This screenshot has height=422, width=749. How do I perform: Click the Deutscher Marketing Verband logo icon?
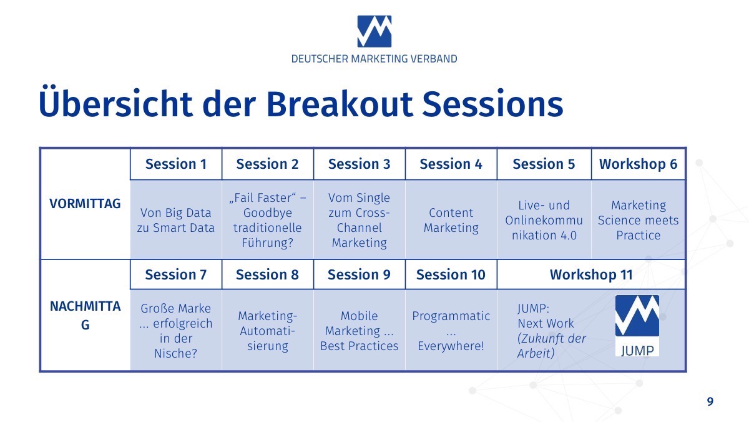tap(374, 31)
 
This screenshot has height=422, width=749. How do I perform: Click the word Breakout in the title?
tap(340, 104)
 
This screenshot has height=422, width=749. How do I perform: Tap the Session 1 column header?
tap(176, 164)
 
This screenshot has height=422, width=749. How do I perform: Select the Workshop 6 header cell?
tap(638, 164)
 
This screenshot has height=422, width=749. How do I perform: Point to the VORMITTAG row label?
tap(85, 204)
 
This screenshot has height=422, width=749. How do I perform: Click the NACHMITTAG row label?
tap(85, 316)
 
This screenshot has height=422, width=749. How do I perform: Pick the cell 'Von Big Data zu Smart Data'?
tap(176, 220)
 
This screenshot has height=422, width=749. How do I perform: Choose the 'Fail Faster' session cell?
tap(268, 220)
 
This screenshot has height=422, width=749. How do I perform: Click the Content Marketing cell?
tap(451, 220)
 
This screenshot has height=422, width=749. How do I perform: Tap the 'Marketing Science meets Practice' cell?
tap(638, 220)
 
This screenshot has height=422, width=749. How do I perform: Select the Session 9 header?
tap(359, 274)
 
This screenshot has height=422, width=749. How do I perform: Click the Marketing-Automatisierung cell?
tap(268, 330)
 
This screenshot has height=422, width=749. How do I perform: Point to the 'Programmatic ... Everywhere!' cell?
tap(451, 330)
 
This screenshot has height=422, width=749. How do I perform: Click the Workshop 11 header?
tap(591, 274)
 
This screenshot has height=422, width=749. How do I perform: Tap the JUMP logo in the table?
tap(637, 326)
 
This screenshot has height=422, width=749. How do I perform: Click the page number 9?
tap(710, 401)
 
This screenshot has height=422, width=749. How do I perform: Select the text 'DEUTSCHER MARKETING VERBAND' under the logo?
tap(374, 59)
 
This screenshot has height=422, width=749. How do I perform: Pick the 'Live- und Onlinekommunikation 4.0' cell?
tap(544, 220)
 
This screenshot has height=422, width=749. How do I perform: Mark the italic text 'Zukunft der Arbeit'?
tap(552, 346)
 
